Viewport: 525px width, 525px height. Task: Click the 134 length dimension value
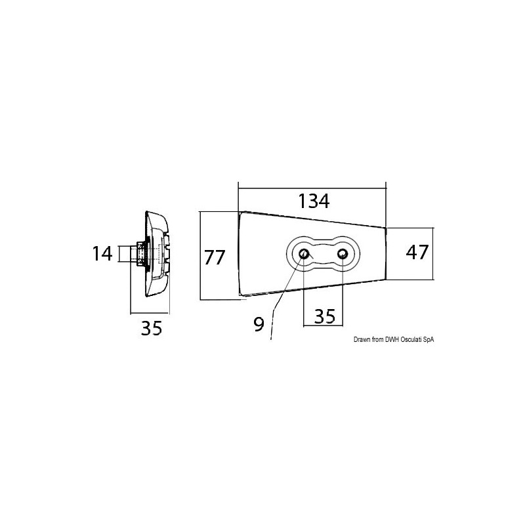313,201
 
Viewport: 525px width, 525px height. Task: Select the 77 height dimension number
215,257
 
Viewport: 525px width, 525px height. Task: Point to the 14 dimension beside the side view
102,253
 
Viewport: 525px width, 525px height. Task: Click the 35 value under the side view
151,329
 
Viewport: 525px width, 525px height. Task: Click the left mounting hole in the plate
304,254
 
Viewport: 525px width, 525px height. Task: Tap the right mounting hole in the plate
342,254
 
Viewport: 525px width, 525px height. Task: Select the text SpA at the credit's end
429,339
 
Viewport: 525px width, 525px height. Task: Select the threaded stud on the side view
139,253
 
